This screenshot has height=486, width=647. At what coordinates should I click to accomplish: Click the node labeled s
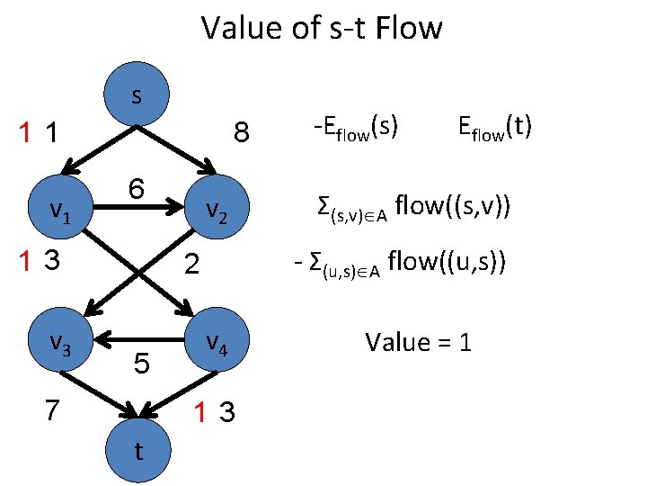(x=137, y=95)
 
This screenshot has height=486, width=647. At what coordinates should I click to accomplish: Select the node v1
(x=60, y=211)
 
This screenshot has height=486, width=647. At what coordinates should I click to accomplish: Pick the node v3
(x=60, y=343)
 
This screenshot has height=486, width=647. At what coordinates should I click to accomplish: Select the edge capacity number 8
(x=241, y=132)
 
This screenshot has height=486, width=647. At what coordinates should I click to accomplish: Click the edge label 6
(x=137, y=190)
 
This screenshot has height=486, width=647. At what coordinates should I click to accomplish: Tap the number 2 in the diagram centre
(x=190, y=265)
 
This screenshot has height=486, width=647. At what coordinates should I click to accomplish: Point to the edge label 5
(x=141, y=364)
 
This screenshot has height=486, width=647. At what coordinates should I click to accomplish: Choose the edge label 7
(x=53, y=409)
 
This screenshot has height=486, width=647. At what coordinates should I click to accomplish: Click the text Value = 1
(x=418, y=343)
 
